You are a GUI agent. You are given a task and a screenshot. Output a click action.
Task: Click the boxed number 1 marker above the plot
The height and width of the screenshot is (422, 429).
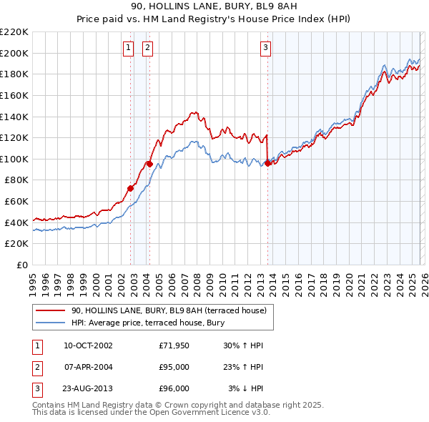[x=128, y=48]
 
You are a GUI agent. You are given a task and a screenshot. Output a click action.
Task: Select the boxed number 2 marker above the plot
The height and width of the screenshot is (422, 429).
[x=147, y=48]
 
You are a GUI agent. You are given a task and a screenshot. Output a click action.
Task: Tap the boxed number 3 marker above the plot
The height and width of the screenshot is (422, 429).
[x=265, y=48]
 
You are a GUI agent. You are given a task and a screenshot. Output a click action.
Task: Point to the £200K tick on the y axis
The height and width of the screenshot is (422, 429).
[x=14, y=53]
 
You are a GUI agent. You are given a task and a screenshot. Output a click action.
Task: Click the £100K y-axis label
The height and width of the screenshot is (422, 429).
[x=14, y=159]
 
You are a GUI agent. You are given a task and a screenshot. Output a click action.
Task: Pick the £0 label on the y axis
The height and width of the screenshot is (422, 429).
[x=21, y=265]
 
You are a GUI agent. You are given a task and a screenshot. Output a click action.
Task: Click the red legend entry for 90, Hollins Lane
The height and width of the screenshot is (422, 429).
[x=169, y=310]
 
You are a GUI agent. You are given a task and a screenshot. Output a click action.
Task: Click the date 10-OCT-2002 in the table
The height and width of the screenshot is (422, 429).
[x=88, y=345]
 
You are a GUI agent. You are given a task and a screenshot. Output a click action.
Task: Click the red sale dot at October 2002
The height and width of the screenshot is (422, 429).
[x=131, y=188]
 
